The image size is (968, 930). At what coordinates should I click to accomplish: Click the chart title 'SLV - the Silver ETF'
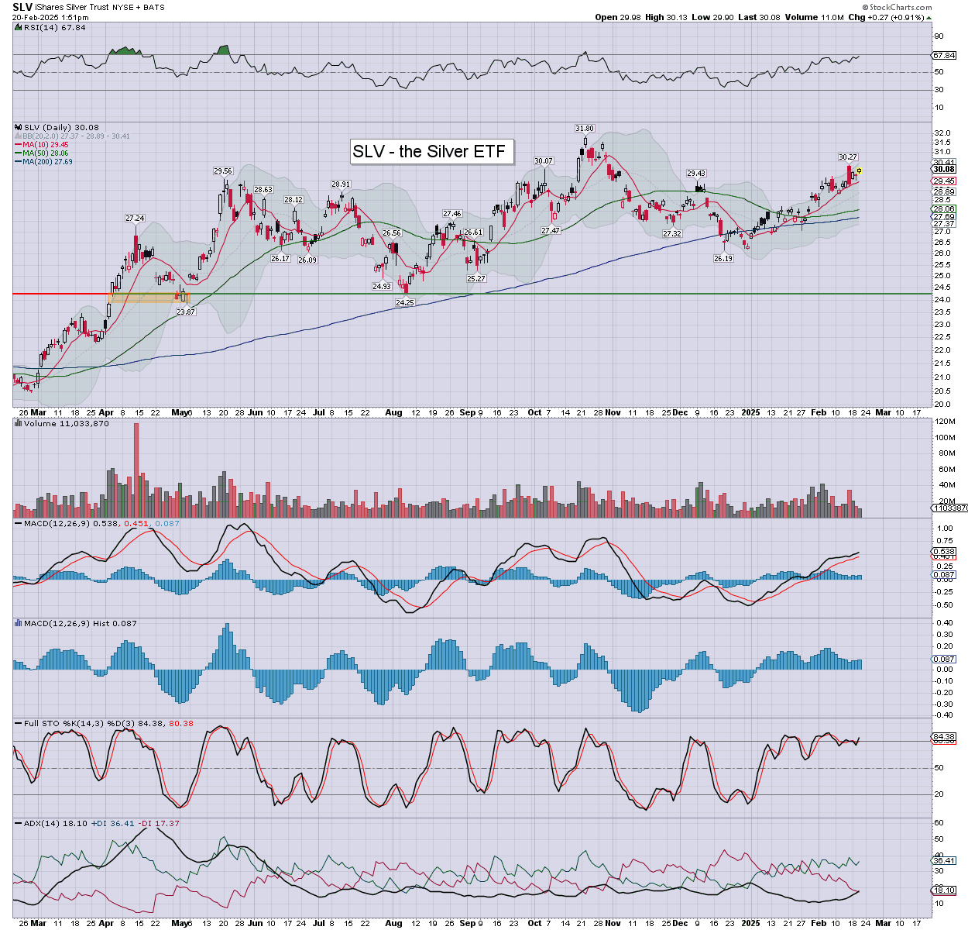429,151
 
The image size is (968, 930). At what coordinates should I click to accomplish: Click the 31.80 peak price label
585,128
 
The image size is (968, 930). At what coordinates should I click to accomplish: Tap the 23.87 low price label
186,312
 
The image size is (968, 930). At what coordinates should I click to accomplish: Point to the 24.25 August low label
404,302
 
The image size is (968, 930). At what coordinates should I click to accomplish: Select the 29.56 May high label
223,171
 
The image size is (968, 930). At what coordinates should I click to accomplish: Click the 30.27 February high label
848,157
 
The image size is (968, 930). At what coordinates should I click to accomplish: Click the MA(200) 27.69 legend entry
46,161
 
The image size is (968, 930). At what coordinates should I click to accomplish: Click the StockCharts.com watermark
900,8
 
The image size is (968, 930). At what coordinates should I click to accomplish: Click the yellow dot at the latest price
859,170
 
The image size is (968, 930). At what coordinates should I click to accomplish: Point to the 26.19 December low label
723,259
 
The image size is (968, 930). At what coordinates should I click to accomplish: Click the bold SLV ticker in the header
22,7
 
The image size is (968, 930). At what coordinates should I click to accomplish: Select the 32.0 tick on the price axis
942,133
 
